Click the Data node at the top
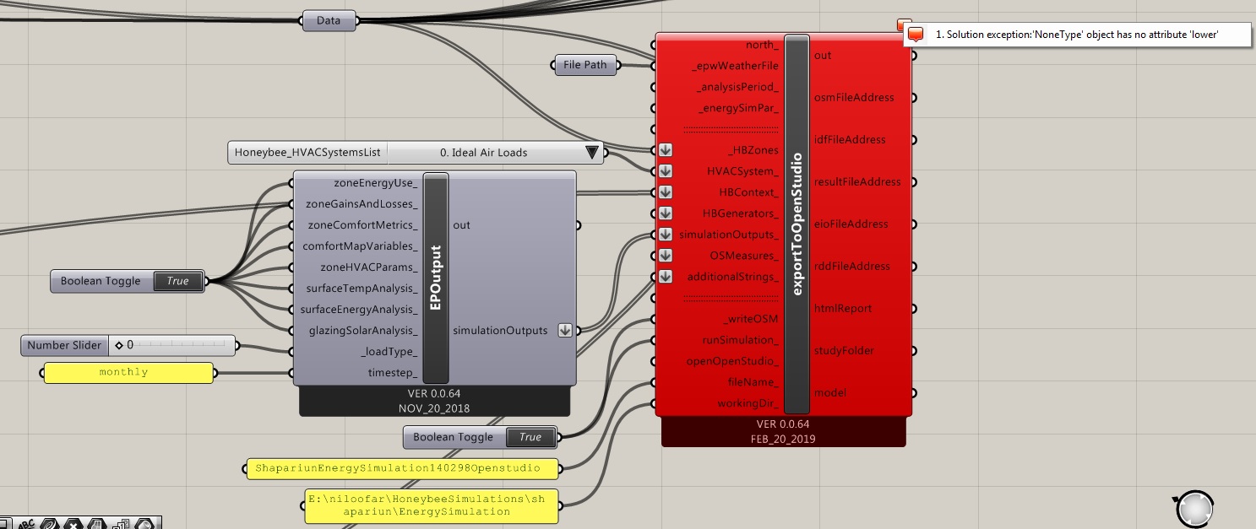click(x=329, y=21)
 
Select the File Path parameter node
click(x=585, y=65)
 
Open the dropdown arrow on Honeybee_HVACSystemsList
click(x=591, y=152)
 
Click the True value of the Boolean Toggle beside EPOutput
click(x=177, y=281)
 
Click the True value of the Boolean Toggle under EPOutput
click(x=530, y=437)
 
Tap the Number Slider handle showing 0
click(x=119, y=345)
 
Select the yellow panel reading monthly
click(x=128, y=373)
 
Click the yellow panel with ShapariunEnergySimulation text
click(x=403, y=468)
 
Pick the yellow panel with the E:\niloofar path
click(x=432, y=505)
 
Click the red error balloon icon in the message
click(x=915, y=35)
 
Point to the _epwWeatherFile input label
click(x=735, y=66)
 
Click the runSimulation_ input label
click(x=740, y=340)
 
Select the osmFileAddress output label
click(x=854, y=97)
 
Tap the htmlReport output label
click(x=843, y=309)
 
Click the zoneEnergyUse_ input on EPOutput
click(x=375, y=183)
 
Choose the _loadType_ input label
click(x=389, y=352)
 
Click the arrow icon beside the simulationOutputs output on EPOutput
click(x=564, y=330)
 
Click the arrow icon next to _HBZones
click(x=666, y=150)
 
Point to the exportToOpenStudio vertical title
click(x=797, y=224)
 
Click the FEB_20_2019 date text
click(x=783, y=440)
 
